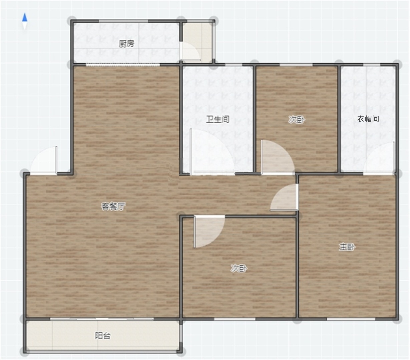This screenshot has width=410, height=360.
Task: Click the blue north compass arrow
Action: [x=25, y=17]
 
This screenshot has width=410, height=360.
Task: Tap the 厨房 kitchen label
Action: [x=126, y=44]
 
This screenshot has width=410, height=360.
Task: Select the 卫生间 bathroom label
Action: [x=218, y=119]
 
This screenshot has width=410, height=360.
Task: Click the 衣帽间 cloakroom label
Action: [x=368, y=119]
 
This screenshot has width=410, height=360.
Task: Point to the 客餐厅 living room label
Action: [x=113, y=206]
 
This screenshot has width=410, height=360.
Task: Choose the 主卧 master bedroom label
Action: [x=347, y=247]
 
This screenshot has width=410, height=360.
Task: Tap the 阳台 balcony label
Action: [x=103, y=336]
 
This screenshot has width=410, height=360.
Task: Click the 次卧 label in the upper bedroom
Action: [x=297, y=120]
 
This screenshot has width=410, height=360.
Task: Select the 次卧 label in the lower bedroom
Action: [x=239, y=268]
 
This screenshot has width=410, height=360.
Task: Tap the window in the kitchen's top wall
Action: [x=123, y=21]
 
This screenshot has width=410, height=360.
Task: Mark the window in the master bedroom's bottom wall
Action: [x=351, y=319]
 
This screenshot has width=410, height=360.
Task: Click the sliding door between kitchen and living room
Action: [x=123, y=65]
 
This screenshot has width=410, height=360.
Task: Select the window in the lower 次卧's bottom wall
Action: [x=235, y=319]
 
